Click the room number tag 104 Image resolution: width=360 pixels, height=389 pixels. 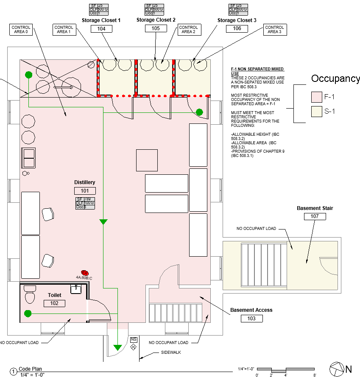(x=101, y=29)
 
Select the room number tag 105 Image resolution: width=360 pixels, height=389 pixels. (x=156, y=28)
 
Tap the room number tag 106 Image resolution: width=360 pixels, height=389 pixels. (x=237, y=28)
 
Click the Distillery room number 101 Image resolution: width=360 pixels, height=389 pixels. (x=85, y=191)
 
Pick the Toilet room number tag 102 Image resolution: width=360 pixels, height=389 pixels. (x=54, y=303)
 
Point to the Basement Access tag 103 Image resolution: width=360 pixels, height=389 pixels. (x=251, y=318)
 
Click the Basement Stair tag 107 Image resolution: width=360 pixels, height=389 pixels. (x=315, y=216)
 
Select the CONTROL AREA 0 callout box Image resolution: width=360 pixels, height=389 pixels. (x=21, y=30)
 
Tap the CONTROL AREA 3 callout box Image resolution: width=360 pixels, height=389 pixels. (x=274, y=30)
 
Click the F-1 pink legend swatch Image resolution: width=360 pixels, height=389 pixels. (x=317, y=97)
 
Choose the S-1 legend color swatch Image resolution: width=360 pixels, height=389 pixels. (x=317, y=112)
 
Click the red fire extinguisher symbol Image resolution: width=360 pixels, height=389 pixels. (x=85, y=273)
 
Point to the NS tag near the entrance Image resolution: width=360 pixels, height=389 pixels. (x=134, y=340)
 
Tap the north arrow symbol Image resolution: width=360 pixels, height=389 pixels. (x=336, y=369)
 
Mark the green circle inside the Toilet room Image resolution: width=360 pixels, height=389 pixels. (x=28, y=313)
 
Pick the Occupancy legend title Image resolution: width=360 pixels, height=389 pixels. (x=335, y=78)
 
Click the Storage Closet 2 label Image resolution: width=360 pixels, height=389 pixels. (x=156, y=20)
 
